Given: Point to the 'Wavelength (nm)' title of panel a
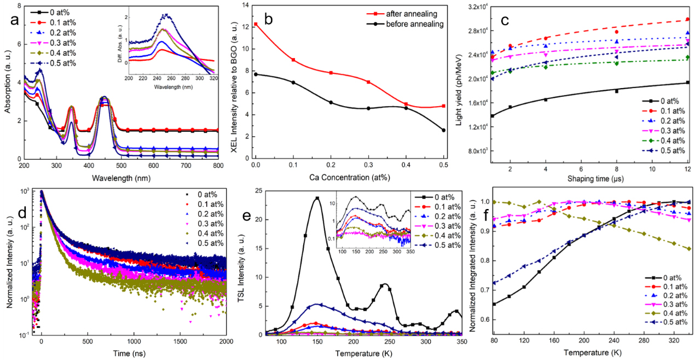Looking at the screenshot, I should click(x=120, y=178).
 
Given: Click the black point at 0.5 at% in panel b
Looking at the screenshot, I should click(x=443, y=130).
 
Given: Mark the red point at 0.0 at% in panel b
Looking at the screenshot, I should click(x=256, y=24).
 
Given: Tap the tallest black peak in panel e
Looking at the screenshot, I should click(x=316, y=198).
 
